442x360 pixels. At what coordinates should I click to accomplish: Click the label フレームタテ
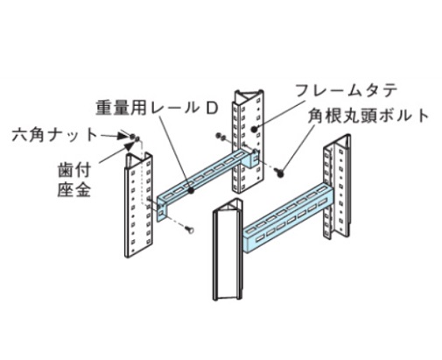[x=347, y=91]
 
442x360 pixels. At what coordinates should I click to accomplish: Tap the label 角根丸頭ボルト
[x=368, y=116]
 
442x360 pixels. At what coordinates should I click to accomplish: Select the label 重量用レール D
[x=158, y=108]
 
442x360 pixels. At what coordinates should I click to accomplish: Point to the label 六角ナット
[x=54, y=135]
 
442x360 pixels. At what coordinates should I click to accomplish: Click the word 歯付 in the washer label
[x=74, y=171]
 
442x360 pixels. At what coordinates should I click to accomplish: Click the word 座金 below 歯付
[x=74, y=190]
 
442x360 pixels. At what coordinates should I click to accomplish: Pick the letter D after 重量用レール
[x=212, y=109]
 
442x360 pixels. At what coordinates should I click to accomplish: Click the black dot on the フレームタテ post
[x=255, y=129]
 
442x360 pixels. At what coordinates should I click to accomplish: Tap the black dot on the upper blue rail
[x=192, y=191]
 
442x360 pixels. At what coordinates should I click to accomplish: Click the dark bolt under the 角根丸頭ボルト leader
[x=281, y=172]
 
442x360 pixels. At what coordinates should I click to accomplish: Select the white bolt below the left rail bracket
[x=190, y=230]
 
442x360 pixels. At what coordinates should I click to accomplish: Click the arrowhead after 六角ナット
[x=123, y=136]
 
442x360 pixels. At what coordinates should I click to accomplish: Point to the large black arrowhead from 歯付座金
[x=128, y=145]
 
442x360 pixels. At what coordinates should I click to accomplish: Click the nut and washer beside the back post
[x=221, y=136]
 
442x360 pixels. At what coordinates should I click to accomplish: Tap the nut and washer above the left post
[x=135, y=138]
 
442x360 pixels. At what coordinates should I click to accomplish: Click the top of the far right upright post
[x=340, y=142]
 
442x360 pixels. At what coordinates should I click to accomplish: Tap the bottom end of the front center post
[x=228, y=298]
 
